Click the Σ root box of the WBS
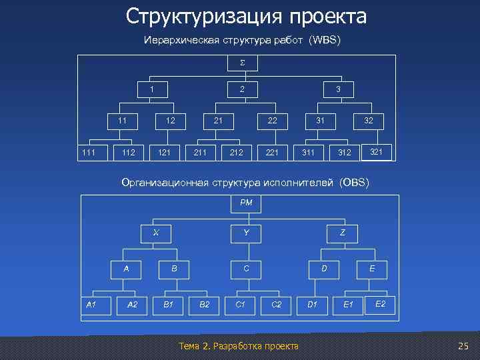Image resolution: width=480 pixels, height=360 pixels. pos(243,63)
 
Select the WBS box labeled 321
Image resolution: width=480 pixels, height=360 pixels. pos(376,152)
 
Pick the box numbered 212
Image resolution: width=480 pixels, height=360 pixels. pos(236,153)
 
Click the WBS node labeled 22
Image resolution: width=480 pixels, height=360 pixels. pos(273,121)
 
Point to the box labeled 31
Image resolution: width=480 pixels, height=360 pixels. pos(321,121)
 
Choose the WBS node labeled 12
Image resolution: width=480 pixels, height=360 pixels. pos(170,121)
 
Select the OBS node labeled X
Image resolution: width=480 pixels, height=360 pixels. pos(156,233)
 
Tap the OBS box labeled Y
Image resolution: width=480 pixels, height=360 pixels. pos(246,233)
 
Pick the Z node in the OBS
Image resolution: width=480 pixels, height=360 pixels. pos(342,233)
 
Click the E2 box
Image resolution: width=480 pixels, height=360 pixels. pos(380,303)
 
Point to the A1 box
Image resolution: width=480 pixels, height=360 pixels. pos(92,305)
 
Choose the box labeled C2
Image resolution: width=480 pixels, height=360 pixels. pos(276,305)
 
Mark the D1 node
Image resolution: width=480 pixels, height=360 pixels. pos(311,305)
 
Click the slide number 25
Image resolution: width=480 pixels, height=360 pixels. pos(464,345)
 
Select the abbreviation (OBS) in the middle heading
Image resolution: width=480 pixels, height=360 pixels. pos(353,182)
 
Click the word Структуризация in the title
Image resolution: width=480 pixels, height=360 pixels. pos(199,16)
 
